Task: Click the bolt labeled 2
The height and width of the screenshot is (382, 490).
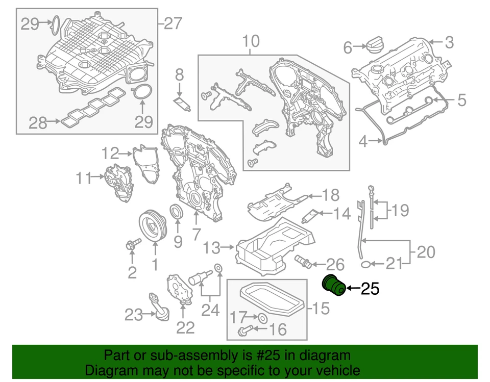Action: [x=131, y=246]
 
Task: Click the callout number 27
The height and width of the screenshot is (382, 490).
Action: [x=173, y=23]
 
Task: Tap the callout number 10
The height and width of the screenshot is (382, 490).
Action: [x=251, y=41]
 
